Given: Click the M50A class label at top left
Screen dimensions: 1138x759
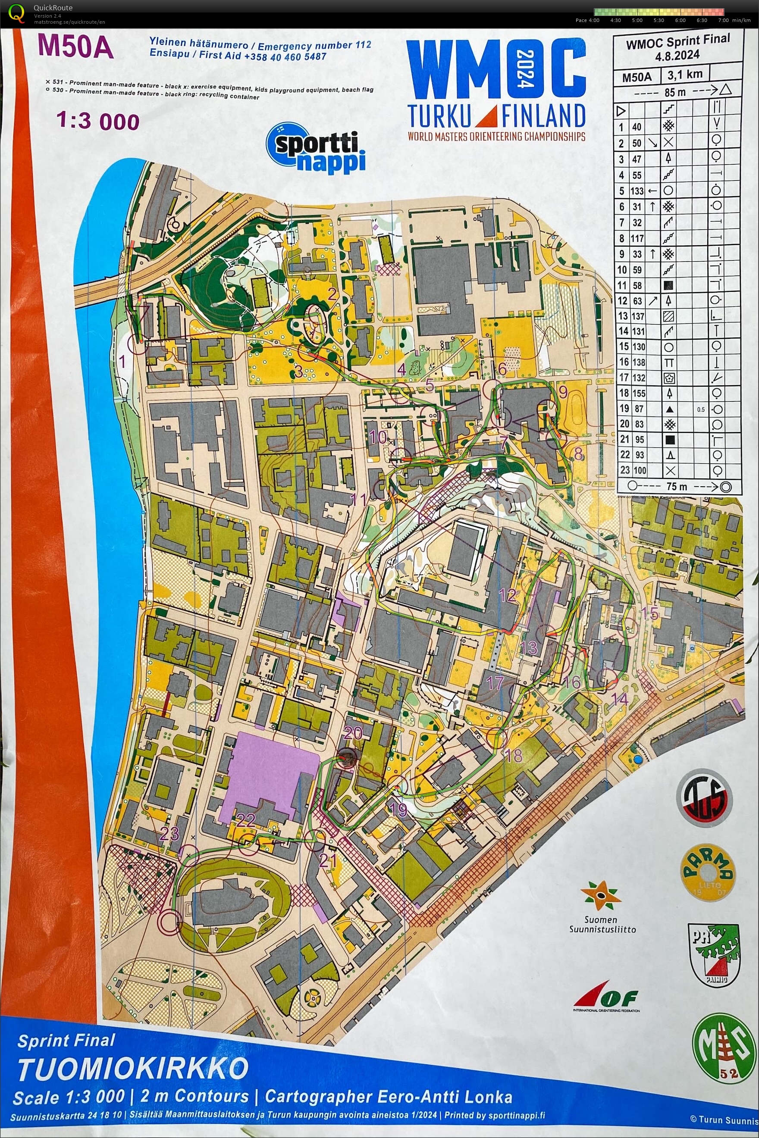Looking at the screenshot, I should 75,47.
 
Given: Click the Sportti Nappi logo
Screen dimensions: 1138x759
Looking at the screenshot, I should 315,147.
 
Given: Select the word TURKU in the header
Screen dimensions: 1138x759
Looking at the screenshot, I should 439,116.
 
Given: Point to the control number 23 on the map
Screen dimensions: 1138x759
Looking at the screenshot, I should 169,833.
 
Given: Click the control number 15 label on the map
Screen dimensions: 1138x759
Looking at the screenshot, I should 649,613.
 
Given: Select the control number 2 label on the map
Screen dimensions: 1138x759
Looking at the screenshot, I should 332,294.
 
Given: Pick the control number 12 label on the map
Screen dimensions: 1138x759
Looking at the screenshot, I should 507,595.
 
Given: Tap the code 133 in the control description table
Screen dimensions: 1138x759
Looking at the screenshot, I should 637,191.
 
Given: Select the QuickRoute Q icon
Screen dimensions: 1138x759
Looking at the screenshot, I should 16,13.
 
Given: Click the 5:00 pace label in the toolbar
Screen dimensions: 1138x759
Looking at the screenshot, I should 637,20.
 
